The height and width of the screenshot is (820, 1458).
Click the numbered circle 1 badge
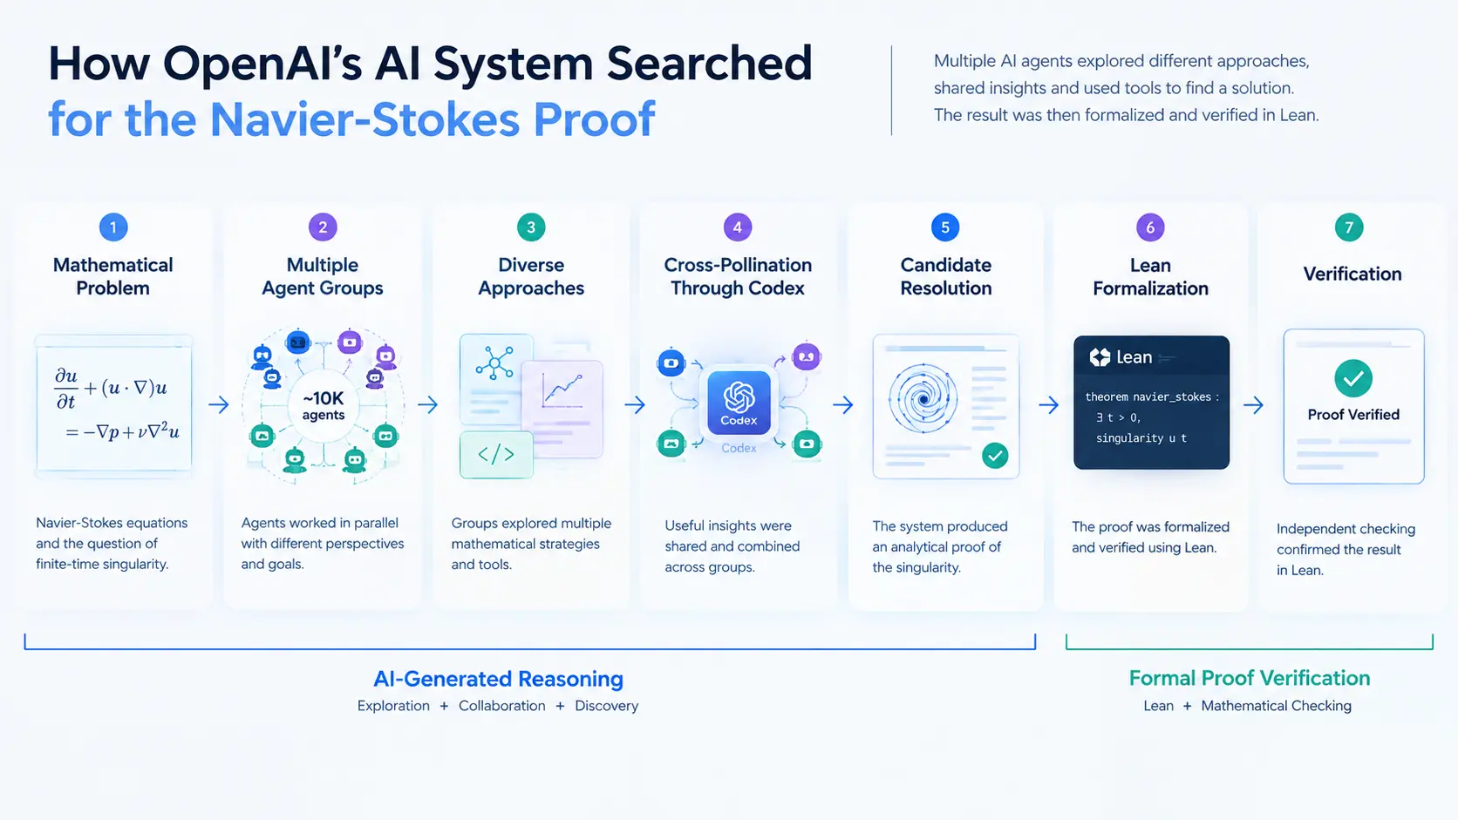[x=113, y=227]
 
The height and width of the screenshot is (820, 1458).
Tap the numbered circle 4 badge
[x=738, y=227]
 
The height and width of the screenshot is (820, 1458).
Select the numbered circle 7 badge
[x=1349, y=227]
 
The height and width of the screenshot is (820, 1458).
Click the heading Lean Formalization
[x=1150, y=276]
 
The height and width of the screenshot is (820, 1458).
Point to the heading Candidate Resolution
[x=946, y=276]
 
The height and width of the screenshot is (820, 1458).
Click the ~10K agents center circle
[x=324, y=405]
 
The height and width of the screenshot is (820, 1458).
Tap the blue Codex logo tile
[x=739, y=403]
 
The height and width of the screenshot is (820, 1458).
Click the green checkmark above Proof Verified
[x=1353, y=378]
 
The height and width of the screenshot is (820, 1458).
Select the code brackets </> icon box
[x=497, y=455]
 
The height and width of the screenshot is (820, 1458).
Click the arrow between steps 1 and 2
[x=219, y=404]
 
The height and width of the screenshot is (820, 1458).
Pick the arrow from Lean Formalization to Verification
[x=1253, y=405]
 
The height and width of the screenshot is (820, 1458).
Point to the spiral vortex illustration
[x=923, y=398]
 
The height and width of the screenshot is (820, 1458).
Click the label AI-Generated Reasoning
[x=498, y=679]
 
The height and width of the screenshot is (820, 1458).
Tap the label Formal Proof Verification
[x=1249, y=678]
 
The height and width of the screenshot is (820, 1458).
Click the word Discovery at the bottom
[x=607, y=706]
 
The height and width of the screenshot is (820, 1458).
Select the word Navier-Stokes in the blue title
[x=364, y=119]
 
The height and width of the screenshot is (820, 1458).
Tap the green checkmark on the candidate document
[x=995, y=455]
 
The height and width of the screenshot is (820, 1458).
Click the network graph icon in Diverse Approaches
[x=494, y=363]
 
